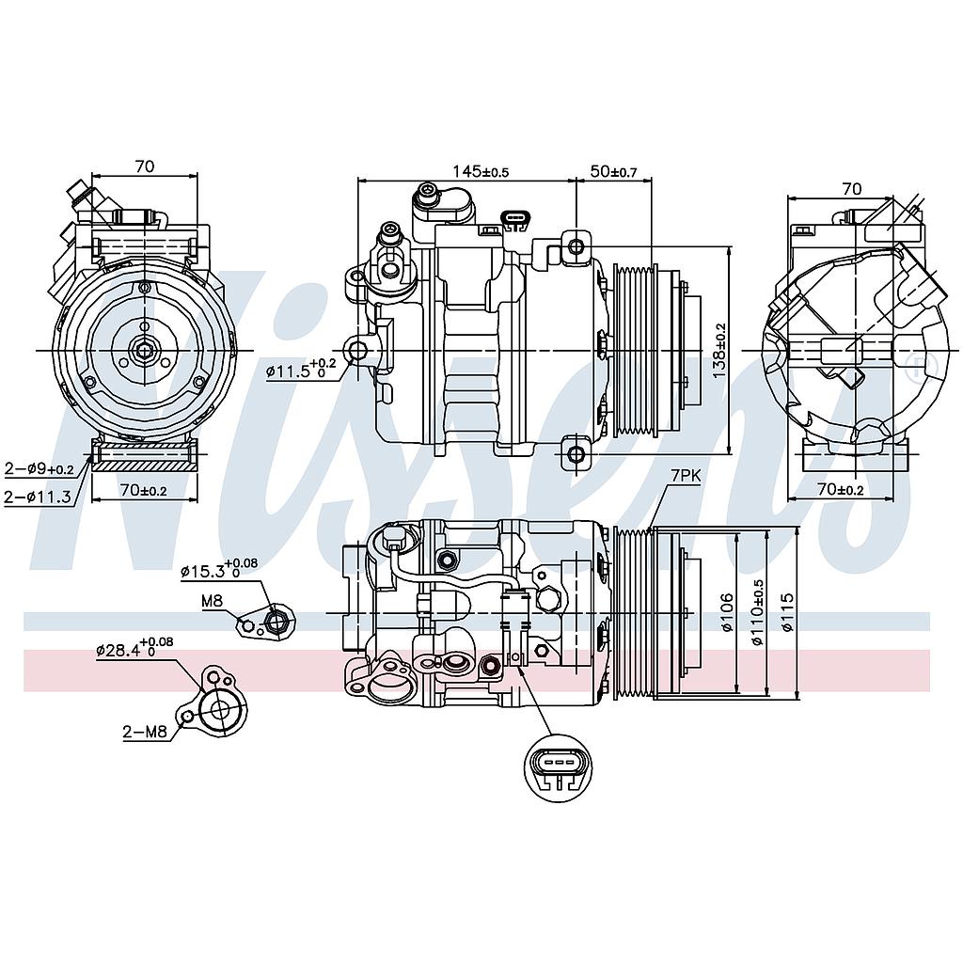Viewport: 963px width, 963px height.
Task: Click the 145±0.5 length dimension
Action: click(x=480, y=171)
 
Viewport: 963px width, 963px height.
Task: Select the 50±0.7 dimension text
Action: click(x=613, y=171)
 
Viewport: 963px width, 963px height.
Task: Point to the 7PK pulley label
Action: click(x=686, y=478)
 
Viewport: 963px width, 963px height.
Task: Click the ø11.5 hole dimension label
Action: click(x=299, y=370)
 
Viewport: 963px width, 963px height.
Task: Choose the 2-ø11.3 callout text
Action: click(x=38, y=496)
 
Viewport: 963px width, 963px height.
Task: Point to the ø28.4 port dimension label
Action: click(x=134, y=648)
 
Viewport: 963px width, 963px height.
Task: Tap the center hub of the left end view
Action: click(x=144, y=351)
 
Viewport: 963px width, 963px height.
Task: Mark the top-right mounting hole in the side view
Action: click(x=576, y=246)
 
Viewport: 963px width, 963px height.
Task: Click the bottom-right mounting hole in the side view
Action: click(x=576, y=454)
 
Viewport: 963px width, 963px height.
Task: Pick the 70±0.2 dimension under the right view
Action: click(x=840, y=489)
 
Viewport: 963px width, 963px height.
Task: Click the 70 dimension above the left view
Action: click(x=144, y=166)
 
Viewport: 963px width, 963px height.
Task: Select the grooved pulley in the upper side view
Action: click(x=636, y=350)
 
